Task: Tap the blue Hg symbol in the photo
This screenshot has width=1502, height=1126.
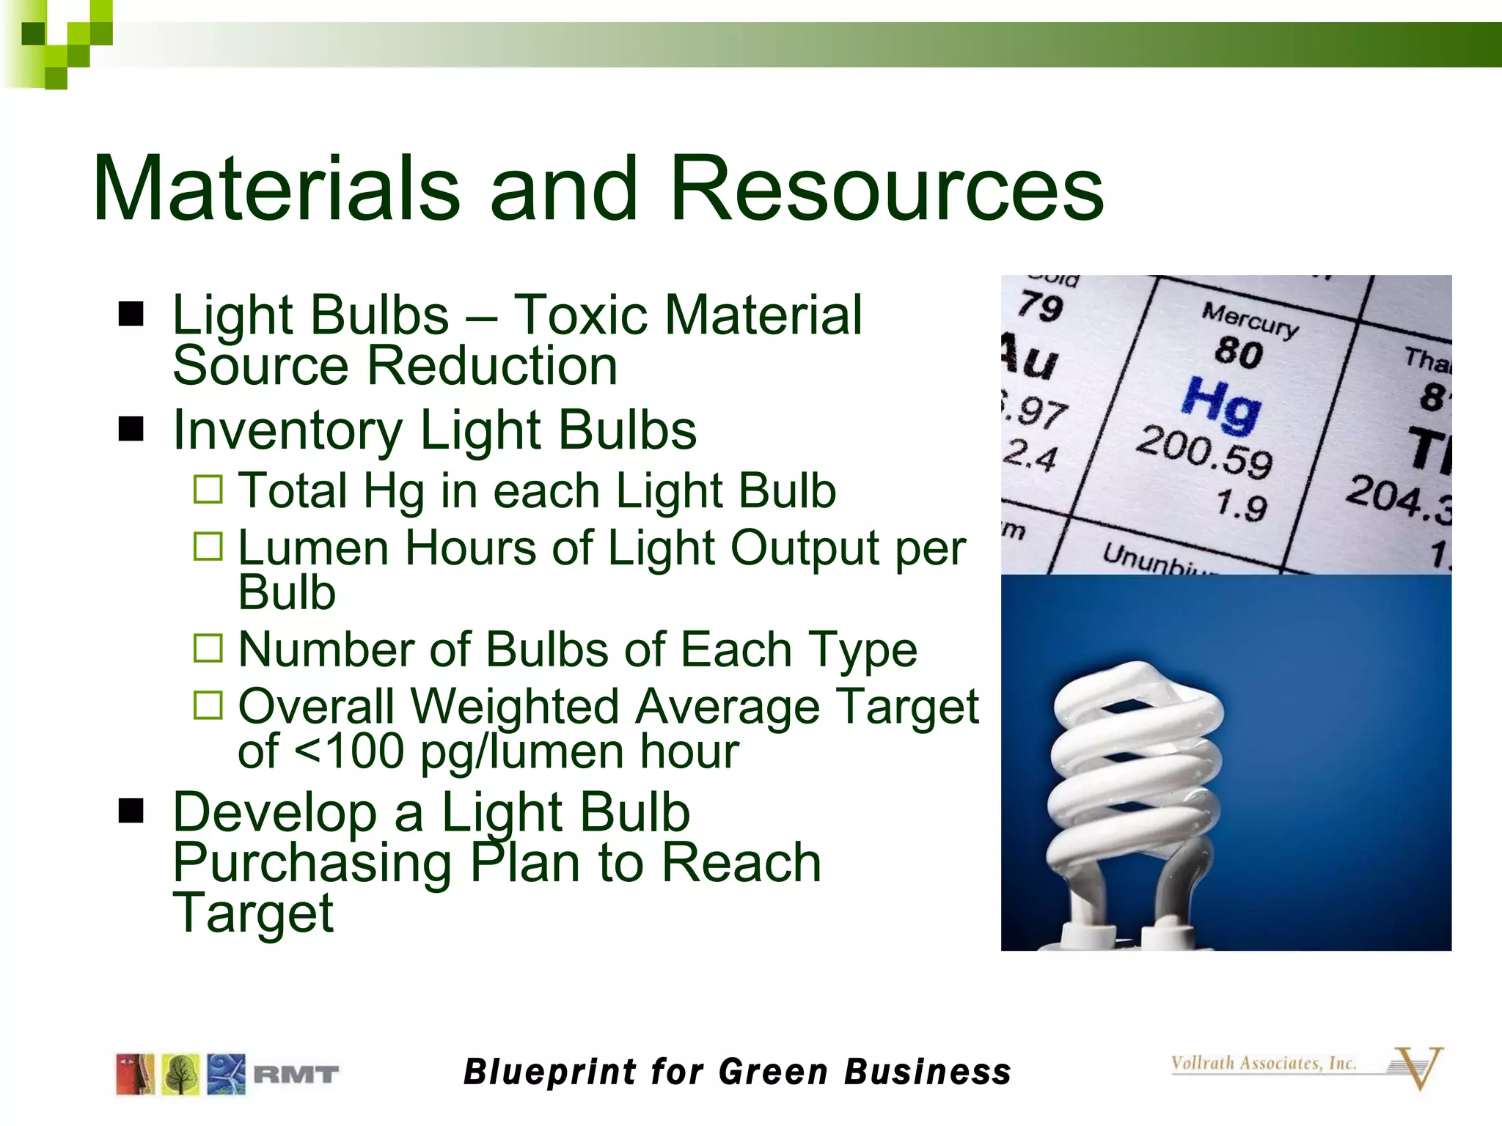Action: pos(1222,404)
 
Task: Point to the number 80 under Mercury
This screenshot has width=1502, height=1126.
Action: pos(1239,352)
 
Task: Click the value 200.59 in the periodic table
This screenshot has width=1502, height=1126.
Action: pos(1204,452)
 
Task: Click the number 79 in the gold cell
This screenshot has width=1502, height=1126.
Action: pos(1041,306)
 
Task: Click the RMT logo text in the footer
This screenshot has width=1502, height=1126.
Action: pos(296,1075)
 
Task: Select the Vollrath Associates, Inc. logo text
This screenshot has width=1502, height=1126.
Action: pos(1263,1063)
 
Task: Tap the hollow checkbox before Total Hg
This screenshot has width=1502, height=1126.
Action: pos(208,489)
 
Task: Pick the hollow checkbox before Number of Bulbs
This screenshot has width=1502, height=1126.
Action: pos(208,648)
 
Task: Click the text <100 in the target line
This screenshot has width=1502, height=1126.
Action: pos(349,751)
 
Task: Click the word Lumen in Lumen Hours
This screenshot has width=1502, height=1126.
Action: pos(313,548)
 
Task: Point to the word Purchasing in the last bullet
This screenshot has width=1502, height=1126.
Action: pos(312,863)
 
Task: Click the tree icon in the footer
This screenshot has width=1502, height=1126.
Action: pos(180,1075)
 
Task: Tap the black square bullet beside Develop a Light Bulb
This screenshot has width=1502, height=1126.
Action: pos(131,811)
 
